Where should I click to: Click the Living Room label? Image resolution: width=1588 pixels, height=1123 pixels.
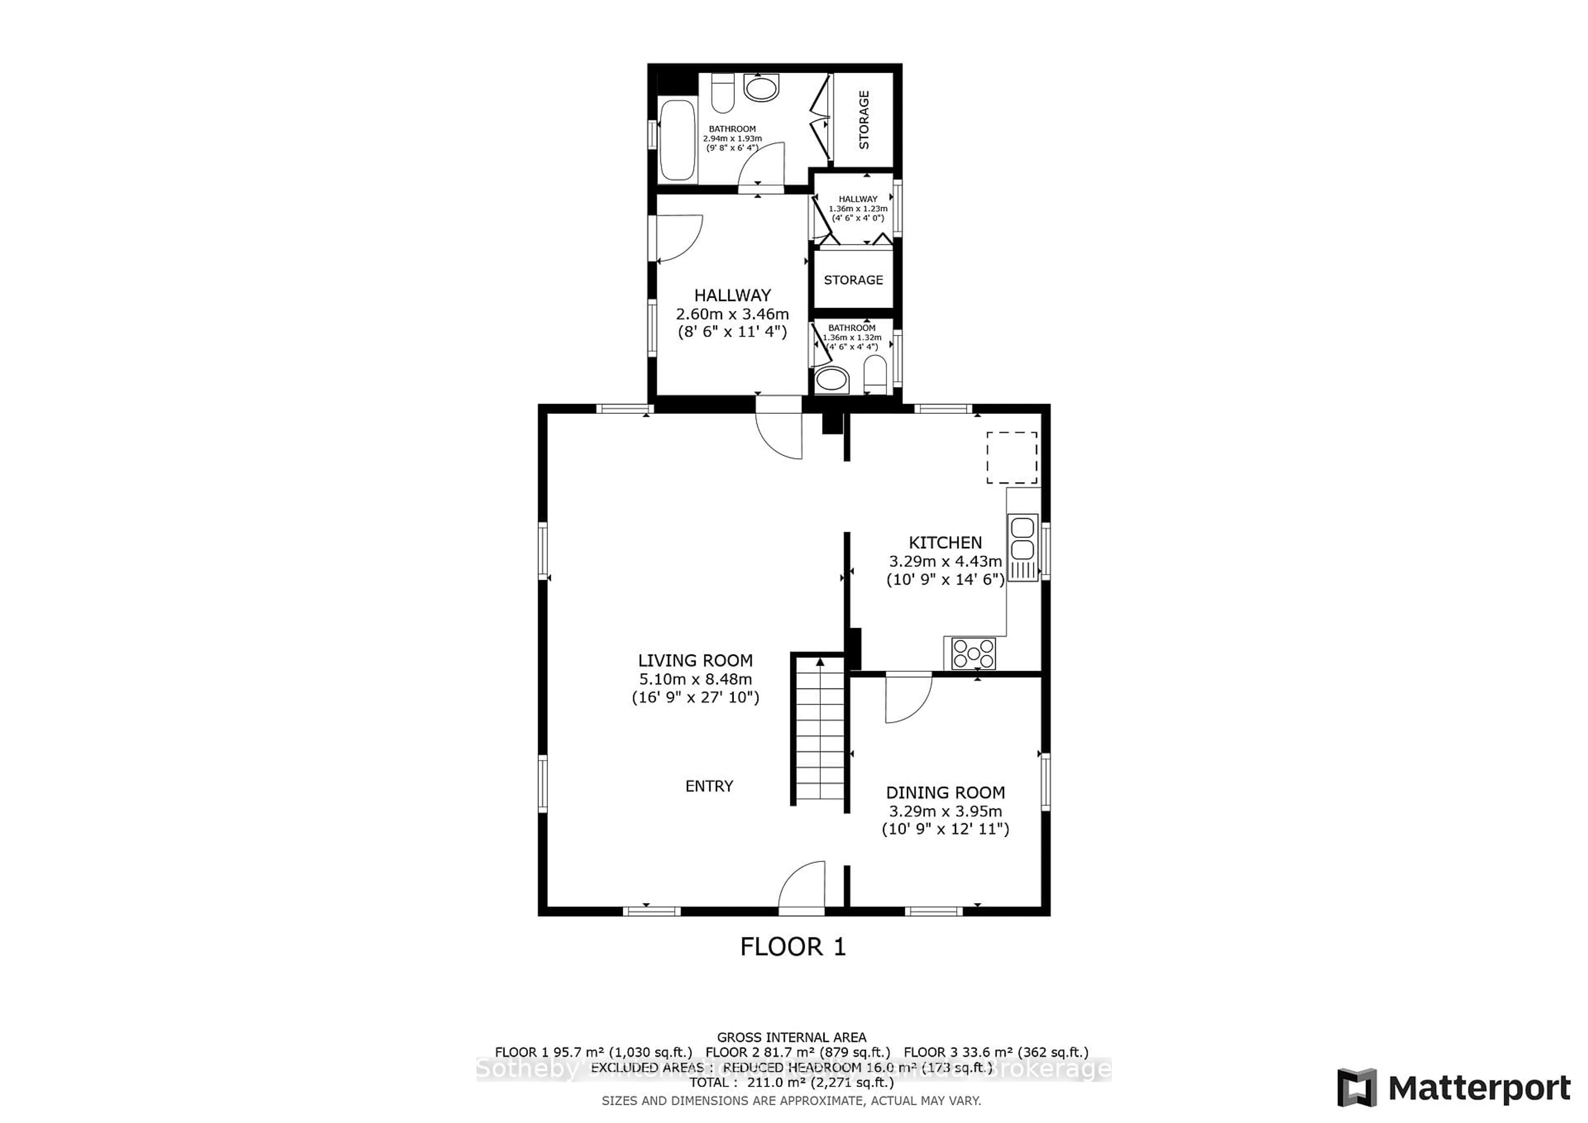click(695, 660)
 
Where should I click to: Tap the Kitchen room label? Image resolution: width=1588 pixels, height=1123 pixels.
click(945, 543)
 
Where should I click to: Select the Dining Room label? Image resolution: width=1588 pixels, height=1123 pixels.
click(945, 793)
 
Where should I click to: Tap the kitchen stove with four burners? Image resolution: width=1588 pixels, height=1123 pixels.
click(973, 653)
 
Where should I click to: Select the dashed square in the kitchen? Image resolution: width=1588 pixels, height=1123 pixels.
click(1011, 458)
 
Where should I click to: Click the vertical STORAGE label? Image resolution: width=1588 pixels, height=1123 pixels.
click(864, 119)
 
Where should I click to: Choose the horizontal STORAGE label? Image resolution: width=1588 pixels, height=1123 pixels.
click(853, 280)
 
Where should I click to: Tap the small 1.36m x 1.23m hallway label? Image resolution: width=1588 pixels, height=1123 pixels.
click(858, 208)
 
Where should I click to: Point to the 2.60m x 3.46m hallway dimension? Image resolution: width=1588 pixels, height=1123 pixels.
click(732, 314)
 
